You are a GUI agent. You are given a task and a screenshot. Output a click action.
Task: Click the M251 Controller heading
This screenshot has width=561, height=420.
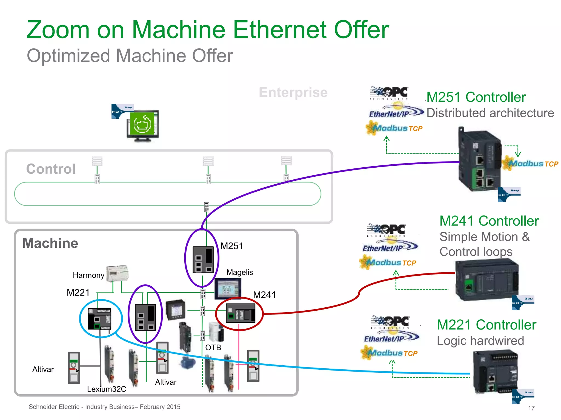(476, 97)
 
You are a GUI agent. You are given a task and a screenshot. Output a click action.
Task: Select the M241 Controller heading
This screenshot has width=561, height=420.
(489, 221)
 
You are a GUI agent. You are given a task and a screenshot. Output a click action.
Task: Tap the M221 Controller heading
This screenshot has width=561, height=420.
(486, 325)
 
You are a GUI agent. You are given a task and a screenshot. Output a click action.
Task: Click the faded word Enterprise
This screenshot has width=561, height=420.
(293, 92)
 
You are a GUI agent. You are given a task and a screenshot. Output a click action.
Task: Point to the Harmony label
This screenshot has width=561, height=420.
(88, 275)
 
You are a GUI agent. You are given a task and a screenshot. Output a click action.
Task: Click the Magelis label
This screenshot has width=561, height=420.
(240, 272)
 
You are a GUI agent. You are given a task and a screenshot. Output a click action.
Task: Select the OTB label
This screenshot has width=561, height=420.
(213, 348)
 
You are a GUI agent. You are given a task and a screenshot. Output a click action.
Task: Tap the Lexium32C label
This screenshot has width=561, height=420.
(107, 389)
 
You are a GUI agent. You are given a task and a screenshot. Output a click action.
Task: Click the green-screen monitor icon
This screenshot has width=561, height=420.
(142, 126)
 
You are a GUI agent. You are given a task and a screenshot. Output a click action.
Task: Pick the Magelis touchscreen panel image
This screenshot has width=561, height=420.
(227, 289)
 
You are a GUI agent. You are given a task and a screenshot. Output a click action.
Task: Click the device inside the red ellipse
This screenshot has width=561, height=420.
(240, 313)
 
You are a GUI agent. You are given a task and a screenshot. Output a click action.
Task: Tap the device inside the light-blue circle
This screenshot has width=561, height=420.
(99, 319)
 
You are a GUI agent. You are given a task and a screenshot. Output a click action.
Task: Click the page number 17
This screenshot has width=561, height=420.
(531, 408)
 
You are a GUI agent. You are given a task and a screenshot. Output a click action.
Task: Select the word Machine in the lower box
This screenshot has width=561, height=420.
(50, 243)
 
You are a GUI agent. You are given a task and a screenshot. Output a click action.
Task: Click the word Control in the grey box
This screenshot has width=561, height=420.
(51, 169)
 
